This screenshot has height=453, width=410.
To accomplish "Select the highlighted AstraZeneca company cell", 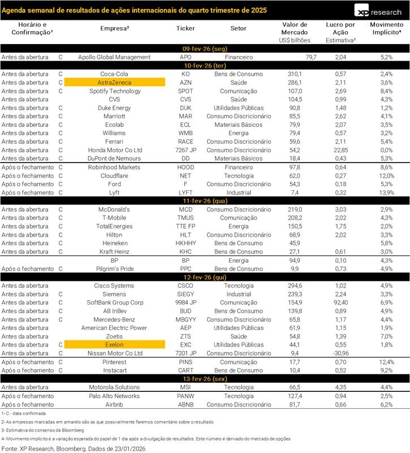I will point(114,83).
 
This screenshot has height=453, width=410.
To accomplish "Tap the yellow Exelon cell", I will point(114,344).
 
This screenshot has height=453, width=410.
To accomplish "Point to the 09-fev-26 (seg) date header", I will point(205,49).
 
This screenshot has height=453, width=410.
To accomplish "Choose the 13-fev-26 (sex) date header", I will point(205,379).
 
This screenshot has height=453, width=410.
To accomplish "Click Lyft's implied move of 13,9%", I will point(386,193).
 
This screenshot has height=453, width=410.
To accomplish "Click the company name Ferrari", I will point(114,142).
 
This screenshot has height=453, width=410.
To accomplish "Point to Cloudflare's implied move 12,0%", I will point(386,176).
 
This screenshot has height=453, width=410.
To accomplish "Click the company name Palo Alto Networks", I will point(114,396).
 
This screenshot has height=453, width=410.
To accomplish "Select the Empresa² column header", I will point(114,28).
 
